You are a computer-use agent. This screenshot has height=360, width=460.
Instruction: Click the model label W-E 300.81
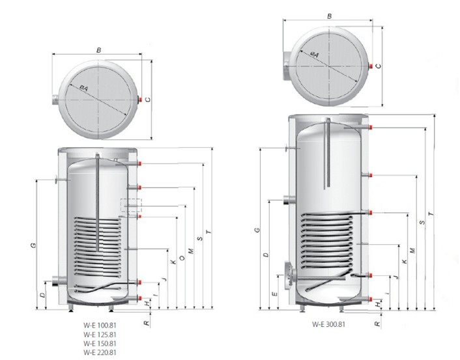328,324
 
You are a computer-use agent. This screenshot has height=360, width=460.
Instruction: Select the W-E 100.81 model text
100,325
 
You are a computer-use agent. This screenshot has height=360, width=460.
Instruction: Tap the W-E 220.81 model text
100,352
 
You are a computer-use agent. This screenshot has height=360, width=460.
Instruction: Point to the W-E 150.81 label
100,343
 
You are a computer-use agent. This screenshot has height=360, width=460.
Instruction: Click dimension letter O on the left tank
182,258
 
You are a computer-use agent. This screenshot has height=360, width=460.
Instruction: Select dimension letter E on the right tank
274,294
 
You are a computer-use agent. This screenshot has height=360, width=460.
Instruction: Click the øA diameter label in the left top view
83,88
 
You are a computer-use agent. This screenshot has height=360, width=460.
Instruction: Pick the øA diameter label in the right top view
314,54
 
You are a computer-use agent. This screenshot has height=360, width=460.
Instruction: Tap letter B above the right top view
329,16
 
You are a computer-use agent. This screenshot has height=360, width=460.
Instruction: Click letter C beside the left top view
148,100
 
